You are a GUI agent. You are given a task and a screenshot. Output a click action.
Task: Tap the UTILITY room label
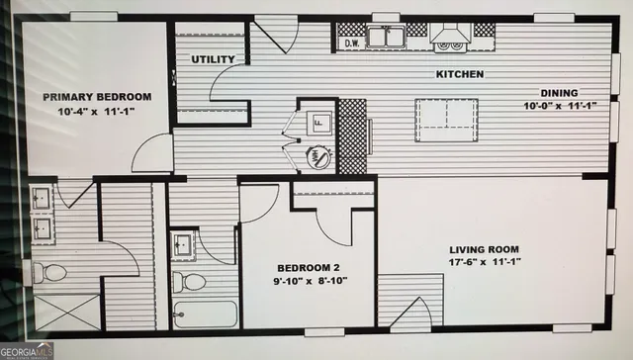tap(213, 59)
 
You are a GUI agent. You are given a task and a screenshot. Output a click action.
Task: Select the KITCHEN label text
tap(460, 74)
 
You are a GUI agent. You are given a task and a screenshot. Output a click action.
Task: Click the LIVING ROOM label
tap(485, 248)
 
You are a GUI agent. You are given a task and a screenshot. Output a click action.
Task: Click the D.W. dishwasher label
tap(353, 44)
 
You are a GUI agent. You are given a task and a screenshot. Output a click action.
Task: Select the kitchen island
tap(446, 114)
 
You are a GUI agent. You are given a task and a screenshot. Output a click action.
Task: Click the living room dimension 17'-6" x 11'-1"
tap(485, 262)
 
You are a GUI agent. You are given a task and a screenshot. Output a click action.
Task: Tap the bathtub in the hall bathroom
tap(205, 315)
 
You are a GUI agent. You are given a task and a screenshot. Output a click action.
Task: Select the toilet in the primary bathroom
tap(49, 272)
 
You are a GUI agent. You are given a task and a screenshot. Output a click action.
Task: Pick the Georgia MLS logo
tap(27, 351)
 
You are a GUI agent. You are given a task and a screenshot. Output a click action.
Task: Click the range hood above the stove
tap(450, 38)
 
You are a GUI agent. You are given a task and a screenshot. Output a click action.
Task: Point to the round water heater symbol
tap(318, 154)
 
